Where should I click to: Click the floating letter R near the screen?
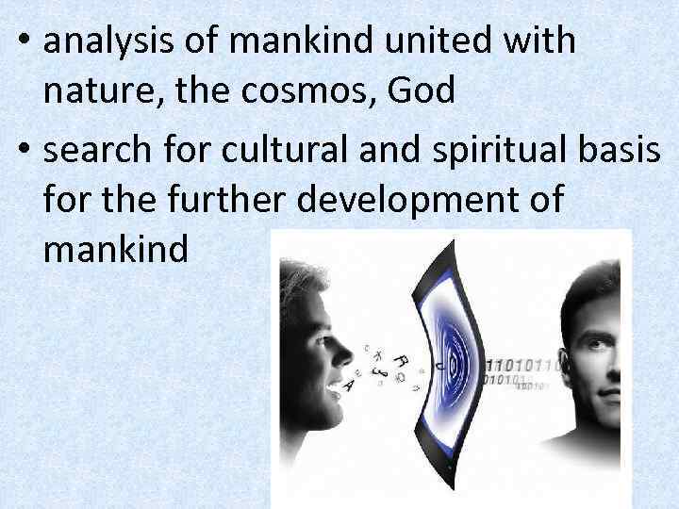click(x=400, y=359)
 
